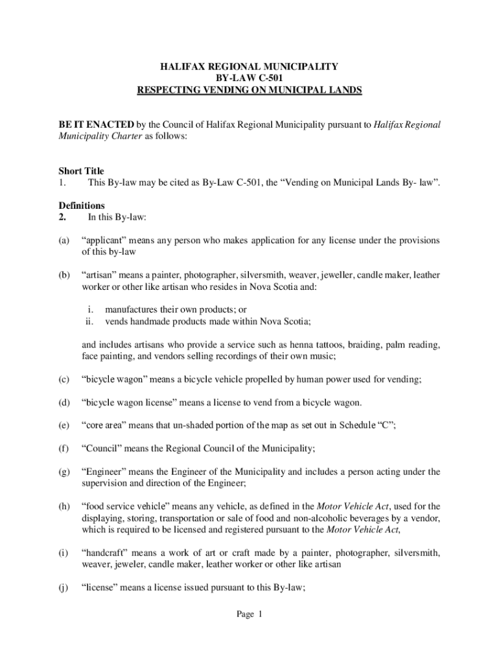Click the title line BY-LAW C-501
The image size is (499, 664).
coord(250,78)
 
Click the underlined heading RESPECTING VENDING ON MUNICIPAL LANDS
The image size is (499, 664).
coord(250,90)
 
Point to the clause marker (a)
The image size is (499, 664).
coord(64,241)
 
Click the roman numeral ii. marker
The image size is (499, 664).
coord(89,322)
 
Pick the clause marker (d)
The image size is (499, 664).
coord(64,403)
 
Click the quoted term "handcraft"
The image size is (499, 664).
coord(108,553)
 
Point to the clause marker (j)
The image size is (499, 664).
coord(64,588)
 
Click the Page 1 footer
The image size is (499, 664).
coord(249,615)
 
